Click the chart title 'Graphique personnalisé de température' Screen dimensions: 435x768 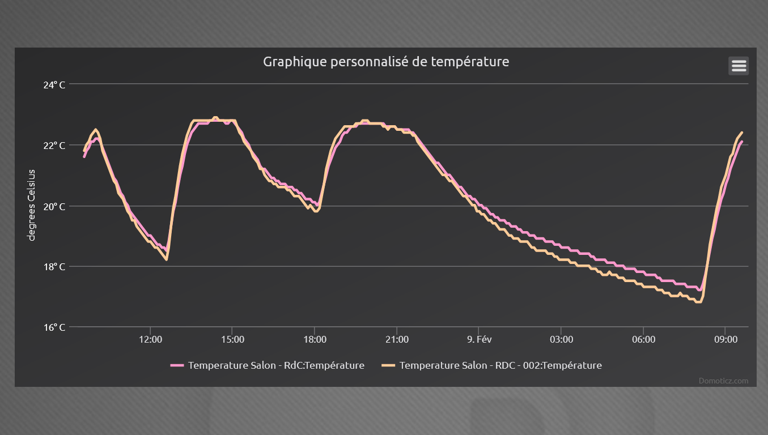(386, 62)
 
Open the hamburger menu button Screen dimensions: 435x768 (739, 66)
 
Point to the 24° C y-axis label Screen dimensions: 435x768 (54, 85)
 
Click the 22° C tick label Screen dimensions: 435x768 (54, 146)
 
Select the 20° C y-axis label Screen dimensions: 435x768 (54, 206)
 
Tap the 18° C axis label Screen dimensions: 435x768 (54, 267)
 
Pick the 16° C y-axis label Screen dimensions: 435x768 (54, 327)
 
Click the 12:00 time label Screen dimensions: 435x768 (150, 340)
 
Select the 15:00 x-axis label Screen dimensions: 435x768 (232, 340)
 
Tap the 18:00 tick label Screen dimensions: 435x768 (315, 340)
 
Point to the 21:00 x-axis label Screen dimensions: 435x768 (397, 340)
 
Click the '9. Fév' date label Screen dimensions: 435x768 (479, 340)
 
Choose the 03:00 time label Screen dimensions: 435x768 (561, 340)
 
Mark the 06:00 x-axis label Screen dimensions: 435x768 (643, 340)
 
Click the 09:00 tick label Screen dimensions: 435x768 (725, 340)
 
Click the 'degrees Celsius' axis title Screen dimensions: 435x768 (32, 205)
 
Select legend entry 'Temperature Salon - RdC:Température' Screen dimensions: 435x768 (276, 365)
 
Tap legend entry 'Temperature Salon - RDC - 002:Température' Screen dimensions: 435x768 (500, 365)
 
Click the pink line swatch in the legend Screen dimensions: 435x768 (177, 365)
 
